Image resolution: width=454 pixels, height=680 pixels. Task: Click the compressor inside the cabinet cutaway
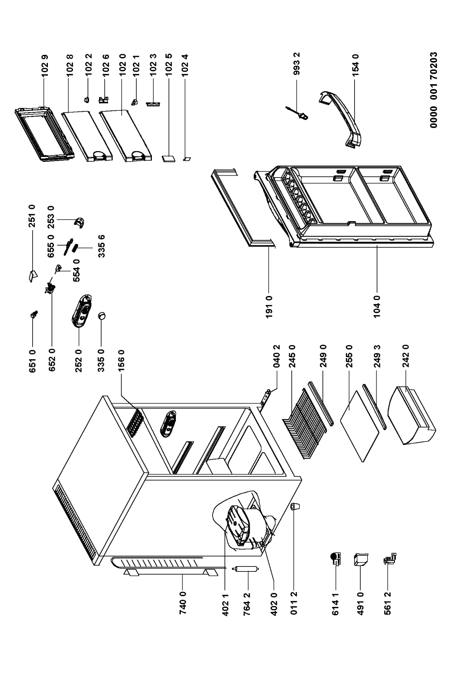[241, 524]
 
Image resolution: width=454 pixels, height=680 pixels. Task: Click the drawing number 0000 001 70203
[434, 90]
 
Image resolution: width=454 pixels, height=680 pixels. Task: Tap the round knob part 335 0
[102, 317]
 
